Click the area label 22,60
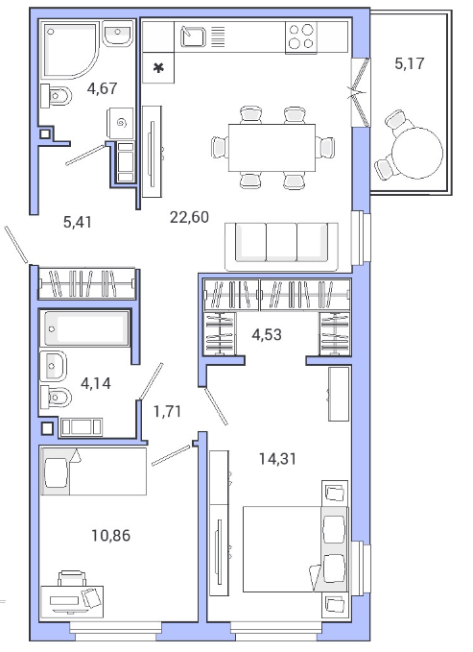tap(189, 217)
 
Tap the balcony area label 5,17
tap(410, 63)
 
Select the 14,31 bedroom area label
tap(277, 459)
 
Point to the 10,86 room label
tap(111, 536)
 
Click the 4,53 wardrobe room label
tap(267, 334)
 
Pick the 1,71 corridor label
tap(167, 412)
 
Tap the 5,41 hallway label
tap(78, 222)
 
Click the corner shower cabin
tap(70, 50)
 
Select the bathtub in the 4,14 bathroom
tap(84, 328)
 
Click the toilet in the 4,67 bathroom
tap(56, 96)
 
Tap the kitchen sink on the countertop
tap(193, 36)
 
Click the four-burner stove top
tap(301, 36)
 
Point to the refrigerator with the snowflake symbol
tap(158, 68)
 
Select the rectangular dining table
tap(272, 148)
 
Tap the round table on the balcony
tap(417, 153)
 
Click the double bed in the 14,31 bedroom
tap(295, 549)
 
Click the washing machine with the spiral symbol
tap(121, 123)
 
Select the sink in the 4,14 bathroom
tap(53, 366)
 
